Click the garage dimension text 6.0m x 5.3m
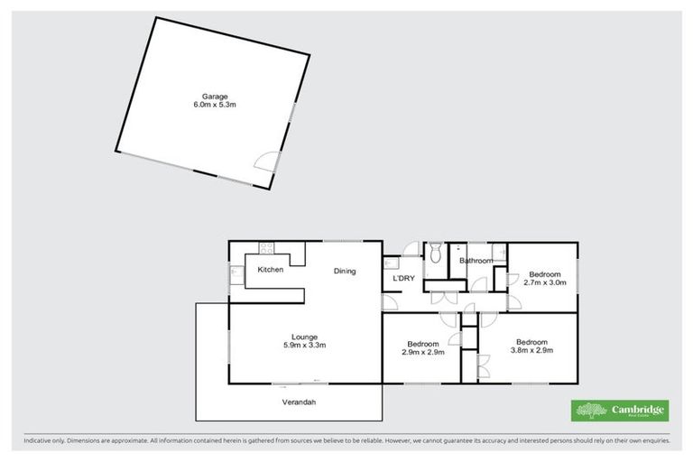tap(214, 105)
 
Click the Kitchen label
tap(271, 270)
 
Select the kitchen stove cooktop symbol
tap(267, 248)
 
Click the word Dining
tap(345, 271)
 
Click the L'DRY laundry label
tap(403, 278)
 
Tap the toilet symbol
tap(434, 252)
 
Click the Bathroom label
tap(476, 261)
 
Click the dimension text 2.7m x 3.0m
tap(544, 282)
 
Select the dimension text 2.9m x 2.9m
tap(422, 352)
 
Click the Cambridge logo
tap(620, 411)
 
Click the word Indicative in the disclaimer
tap(41, 441)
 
